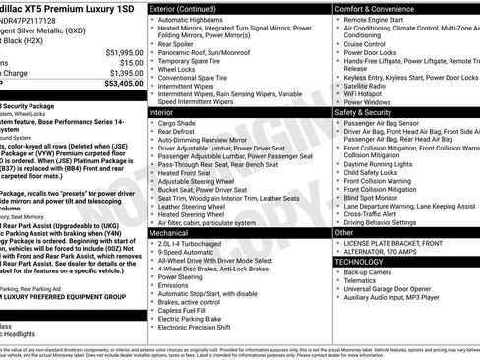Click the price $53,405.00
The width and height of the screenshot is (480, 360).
(x=117, y=83)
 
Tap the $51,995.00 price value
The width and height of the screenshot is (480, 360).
(x=117, y=51)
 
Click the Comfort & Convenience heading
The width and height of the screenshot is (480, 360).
(x=378, y=8)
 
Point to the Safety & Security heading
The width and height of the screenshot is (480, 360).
(x=367, y=112)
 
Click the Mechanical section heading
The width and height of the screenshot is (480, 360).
(x=174, y=230)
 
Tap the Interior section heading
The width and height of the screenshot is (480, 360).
(x=163, y=113)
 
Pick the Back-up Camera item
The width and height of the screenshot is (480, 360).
(x=377, y=272)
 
